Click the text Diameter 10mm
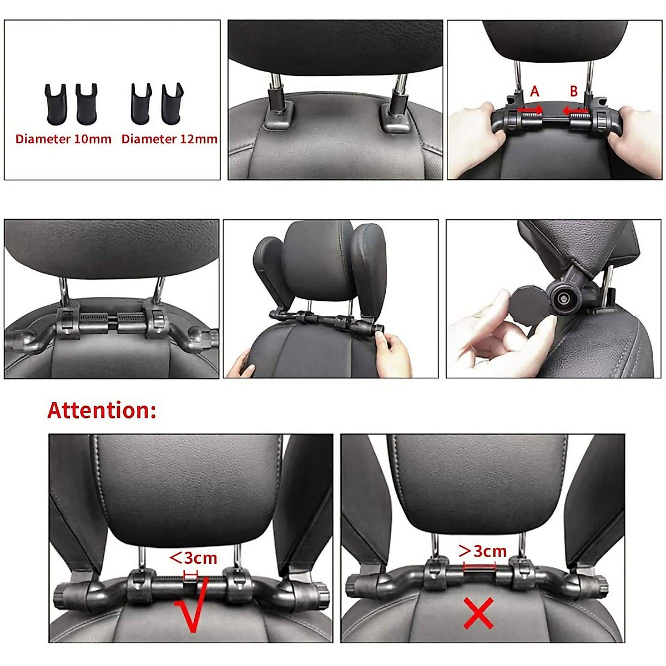coord(63,139)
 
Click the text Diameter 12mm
coord(169,139)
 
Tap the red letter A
coord(534,91)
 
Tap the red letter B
coord(574,91)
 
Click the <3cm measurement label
coord(193,557)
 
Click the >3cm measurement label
coord(483,551)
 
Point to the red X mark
coord(478,614)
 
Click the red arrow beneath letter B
coord(574,112)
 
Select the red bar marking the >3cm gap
coord(480,568)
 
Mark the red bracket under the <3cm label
coord(190,574)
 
